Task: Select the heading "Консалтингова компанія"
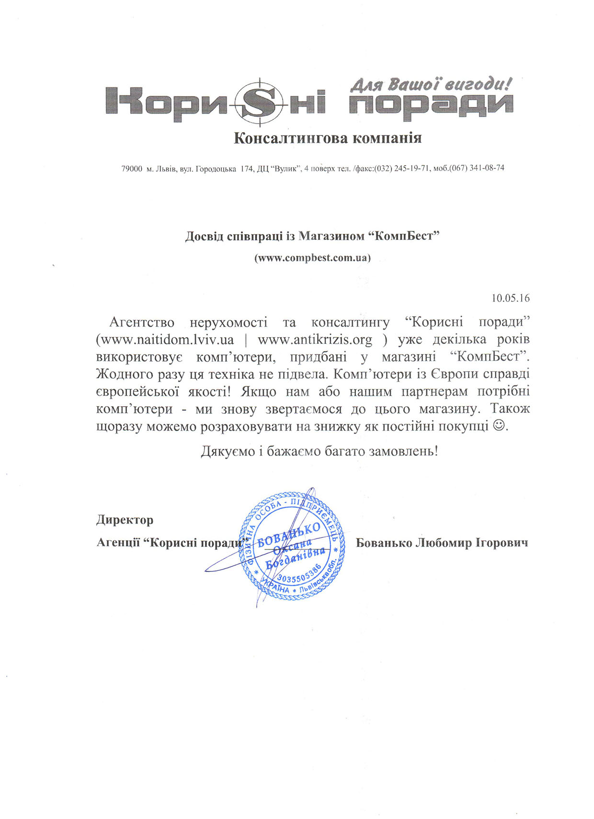click(x=328, y=138)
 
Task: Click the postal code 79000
click(x=132, y=169)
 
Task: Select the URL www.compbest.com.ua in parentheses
click(x=312, y=258)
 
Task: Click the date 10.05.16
click(x=511, y=298)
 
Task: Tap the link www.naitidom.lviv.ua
click(x=168, y=340)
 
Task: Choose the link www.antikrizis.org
click(x=315, y=340)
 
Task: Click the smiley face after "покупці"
click(x=499, y=425)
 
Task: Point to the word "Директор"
click(x=125, y=520)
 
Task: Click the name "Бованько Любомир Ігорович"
click(x=442, y=543)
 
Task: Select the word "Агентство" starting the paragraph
click(x=142, y=322)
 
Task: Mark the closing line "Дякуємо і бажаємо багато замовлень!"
click(x=319, y=451)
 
